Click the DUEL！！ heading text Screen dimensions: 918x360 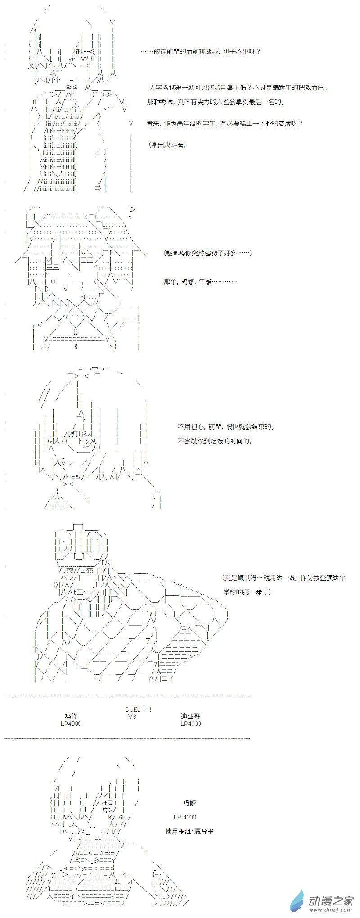(139, 709)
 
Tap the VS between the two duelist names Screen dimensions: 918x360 (131, 716)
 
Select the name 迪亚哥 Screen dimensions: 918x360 (190, 716)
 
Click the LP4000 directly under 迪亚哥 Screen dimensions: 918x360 (190, 724)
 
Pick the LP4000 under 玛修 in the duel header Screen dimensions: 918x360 (71, 724)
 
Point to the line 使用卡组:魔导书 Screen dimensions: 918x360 (189, 832)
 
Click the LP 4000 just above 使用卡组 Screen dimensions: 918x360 (184, 817)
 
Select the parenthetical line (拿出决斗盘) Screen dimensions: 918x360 (166, 145)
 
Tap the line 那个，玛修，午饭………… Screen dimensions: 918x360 (200, 282)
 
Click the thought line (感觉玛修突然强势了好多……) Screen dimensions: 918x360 (208, 253)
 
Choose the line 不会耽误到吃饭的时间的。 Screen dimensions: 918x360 (215, 441)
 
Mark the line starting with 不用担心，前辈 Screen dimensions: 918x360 (226, 426)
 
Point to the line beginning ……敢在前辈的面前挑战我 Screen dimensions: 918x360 (201, 52)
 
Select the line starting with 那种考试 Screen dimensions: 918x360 (216, 102)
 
